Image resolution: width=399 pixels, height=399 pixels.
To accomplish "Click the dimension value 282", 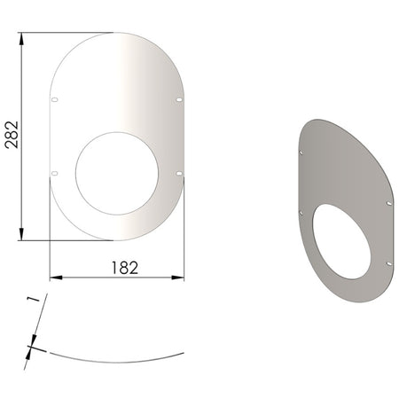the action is (x=12, y=135).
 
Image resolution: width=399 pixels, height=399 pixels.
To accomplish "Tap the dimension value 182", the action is (x=125, y=268).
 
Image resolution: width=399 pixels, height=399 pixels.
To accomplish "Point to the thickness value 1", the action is (x=33, y=299).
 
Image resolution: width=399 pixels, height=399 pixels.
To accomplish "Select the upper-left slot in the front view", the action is (x=55, y=99).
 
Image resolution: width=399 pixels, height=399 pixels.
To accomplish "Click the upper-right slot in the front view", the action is (x=179, y=100).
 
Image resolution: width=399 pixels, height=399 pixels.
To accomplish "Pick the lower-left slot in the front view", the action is (x=55, y=173).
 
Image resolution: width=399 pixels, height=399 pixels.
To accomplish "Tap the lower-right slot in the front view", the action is (x=179, y=174).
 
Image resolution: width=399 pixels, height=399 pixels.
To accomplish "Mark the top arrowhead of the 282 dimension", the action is (x=21, y=39).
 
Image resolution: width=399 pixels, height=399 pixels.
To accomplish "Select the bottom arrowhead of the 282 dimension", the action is (x=21, y=234).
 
